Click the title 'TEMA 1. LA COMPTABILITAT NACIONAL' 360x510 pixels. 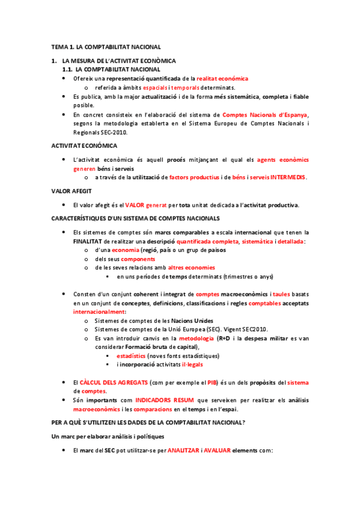106,46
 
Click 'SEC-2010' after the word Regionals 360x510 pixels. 115,132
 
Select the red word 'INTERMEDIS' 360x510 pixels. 288,177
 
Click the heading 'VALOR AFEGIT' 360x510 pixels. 71,191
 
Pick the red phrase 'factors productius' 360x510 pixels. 195,177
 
